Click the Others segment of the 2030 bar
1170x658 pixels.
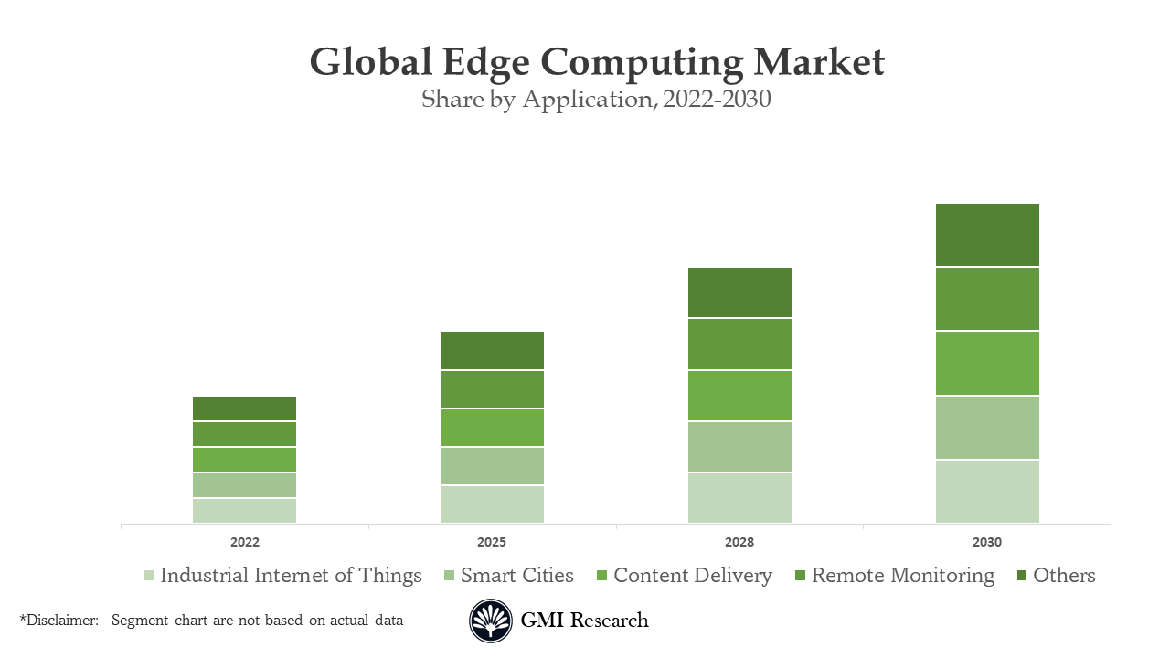pyautogui.click(x=987, y=235)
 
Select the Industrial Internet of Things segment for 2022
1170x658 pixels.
pyautogui.click(x=244, y=511)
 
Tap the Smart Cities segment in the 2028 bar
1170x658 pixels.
pyautogui.click(x=739, y=447)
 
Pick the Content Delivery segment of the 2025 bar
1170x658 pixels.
pyautogui.click(x=492, y=428)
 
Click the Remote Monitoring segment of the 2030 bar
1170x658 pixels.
pyautogui.click(x=987, y=299)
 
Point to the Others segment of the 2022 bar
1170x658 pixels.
pyautogui.click(x=244, y=409)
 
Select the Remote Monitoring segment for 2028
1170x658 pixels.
pyautogui.click(x=739, y=345)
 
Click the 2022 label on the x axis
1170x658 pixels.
pyautogui.click(x=244, y=542)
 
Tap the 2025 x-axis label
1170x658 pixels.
pyautogui.click(x=492, y=542)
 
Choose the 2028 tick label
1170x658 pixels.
pyautogui.click(x=739, y=542)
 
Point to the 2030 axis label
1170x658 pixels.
pyautogui.click(x=987, y=542)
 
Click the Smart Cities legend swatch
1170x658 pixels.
pyautogui.click(x=449, y=576)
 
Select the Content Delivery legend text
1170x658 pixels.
pyautogui.click(x=692, y=576)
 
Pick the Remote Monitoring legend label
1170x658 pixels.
pyautogui.click(x=902, y=576)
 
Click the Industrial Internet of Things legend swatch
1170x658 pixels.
pyautogui.click(x=148, y=576)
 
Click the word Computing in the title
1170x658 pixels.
pyautogui.click(x=643, y=62)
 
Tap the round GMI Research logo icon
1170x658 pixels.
pyautogui.click(x=491, y=621)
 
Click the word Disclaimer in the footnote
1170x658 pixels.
pyautogui.click(x=61, y=621)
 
